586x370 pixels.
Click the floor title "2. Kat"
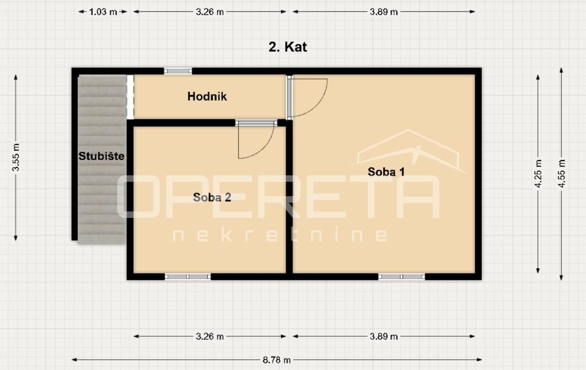click(288, 47)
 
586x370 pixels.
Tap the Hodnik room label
click(207, 96)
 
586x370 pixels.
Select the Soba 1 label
click(386, 172)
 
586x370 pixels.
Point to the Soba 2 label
click(212, 197)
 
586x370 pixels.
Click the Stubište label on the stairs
click(101, 156)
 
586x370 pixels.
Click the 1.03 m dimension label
click(103, 12)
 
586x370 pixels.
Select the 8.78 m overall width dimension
click(277, 360)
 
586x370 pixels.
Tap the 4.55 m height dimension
click(561, 174)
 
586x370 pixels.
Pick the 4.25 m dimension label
click(538, 174)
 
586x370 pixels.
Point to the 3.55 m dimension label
click(16, 157)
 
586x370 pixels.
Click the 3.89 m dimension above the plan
click(383, 12)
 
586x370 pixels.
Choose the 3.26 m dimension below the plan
click(210, 336)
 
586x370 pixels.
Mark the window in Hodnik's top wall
click(178, 71)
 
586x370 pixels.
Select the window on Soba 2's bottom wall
click(187, 277)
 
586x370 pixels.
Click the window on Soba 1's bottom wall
click(402, 277)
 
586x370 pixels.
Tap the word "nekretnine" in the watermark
click(280, 235)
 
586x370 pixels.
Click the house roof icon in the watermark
click(409, 150)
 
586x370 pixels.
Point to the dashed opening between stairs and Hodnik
click(130, 97)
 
